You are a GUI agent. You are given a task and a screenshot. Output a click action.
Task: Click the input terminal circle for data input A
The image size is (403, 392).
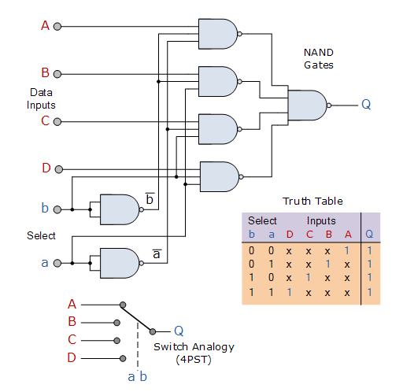57,27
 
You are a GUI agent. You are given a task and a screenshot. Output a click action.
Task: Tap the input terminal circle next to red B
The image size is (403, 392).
57,74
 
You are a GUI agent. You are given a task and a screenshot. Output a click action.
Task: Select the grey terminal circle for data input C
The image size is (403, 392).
57,122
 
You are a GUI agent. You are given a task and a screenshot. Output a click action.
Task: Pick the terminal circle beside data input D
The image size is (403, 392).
59,169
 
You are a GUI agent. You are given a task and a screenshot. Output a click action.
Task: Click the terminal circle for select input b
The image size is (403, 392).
57,209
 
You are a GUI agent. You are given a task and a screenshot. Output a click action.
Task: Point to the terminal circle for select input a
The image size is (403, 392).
57,263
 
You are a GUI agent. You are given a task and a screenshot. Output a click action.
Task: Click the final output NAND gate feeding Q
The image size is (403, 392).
309,105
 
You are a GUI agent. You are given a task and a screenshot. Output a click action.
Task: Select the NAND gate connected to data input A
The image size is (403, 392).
220,34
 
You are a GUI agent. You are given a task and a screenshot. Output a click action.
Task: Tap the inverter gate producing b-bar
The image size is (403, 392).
122,209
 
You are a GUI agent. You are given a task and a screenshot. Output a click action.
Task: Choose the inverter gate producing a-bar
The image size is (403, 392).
122,263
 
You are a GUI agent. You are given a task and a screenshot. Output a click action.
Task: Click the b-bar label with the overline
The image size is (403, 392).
150,198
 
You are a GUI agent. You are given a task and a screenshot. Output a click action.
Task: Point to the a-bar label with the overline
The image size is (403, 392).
157,253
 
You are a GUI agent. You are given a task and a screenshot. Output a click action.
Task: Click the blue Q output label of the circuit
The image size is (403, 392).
366,104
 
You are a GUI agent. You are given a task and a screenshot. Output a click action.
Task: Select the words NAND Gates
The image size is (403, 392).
319,59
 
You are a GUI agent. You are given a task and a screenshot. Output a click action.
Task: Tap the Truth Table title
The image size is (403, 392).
312,202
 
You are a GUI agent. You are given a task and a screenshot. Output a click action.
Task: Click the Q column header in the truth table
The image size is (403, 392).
369,234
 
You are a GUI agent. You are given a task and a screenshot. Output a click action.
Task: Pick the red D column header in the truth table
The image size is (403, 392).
290,234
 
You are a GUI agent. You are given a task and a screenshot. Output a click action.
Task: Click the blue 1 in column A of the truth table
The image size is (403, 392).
347,251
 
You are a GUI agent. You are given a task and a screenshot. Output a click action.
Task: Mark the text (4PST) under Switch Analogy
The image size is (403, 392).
194,360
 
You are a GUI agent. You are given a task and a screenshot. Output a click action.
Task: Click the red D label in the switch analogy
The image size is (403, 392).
72,357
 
